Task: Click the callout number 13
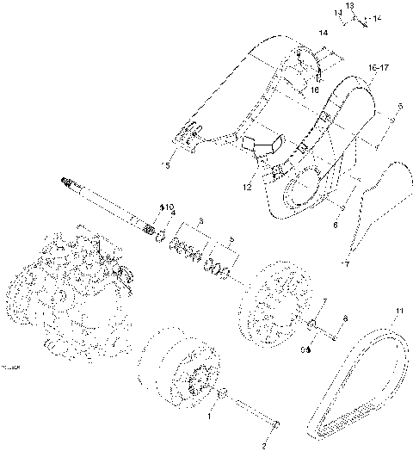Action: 350,5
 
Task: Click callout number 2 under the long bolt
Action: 263,446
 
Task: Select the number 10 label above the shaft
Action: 169,207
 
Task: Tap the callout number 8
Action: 345,318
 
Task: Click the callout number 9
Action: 304,350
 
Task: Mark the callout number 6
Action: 335,225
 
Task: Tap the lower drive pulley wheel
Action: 176,370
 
